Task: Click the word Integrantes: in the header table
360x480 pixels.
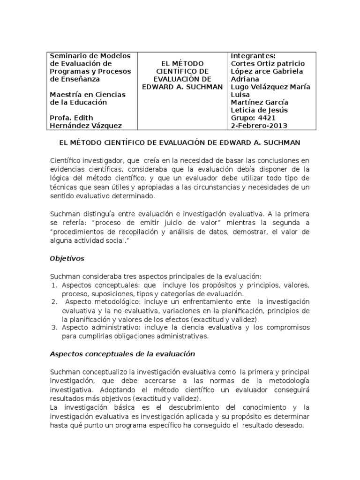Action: click(251, 56)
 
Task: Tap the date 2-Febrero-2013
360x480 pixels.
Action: click(259, 126)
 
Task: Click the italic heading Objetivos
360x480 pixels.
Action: click(67, 258)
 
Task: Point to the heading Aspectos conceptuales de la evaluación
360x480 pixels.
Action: click(122, 354)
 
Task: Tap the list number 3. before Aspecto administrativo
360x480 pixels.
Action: click(54, 328)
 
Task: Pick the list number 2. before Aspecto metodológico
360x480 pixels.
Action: click(54, 302)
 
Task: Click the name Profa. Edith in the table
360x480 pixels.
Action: click(71, 118)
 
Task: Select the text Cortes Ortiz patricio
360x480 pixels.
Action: click(268, 64)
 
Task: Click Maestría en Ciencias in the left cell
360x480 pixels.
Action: click(88, 95)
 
